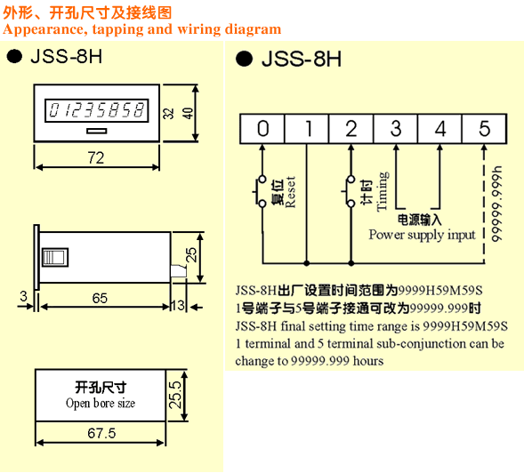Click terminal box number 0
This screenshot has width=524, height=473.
[262, 129]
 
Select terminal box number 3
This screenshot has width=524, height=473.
[396, 129]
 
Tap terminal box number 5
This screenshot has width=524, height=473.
[485, 129]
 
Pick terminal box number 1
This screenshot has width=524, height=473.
[307, 129]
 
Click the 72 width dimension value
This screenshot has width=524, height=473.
[96, 157]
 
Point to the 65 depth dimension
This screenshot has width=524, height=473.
[100, 298]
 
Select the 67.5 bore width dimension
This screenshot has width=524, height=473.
[101, 433]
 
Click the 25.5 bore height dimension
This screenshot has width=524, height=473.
[175, 395]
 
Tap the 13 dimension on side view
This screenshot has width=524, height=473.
[178, 305]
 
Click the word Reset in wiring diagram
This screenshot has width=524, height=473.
[290, 192]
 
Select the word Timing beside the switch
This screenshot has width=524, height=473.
[383, 191]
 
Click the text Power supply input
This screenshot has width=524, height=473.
[422, 235]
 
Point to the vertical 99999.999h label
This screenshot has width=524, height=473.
[496, 204]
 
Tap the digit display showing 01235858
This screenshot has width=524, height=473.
[97, 110]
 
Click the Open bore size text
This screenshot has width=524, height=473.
[101, 403]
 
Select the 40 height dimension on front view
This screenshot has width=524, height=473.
[188, 113]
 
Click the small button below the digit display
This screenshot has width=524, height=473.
[97, 131]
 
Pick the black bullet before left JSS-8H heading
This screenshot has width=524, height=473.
[14, 56]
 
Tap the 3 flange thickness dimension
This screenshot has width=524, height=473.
[23, 296]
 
